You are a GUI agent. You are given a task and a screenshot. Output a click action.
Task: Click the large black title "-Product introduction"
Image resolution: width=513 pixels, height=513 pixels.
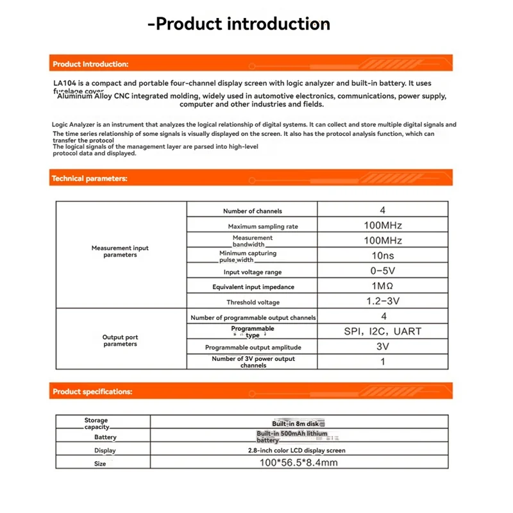coord(239,24)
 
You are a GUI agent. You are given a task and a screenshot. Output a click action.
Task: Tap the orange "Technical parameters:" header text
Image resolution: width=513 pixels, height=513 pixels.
coord(89,178)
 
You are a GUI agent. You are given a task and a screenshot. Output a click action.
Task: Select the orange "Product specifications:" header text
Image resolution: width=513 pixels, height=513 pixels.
coord(92,391)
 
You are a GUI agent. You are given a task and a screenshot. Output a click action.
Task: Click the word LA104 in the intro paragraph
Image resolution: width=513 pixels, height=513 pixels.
coord(66,83)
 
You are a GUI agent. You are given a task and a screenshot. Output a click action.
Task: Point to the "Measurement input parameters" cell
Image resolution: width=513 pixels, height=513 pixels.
coord(120,251)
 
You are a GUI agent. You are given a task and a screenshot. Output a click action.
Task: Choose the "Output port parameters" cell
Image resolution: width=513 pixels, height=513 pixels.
coord(120,341)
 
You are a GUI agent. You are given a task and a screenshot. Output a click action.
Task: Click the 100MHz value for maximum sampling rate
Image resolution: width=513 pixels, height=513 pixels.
coord(383,225)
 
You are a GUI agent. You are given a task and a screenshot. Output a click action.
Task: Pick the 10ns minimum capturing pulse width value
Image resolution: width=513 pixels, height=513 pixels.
coord(383,256)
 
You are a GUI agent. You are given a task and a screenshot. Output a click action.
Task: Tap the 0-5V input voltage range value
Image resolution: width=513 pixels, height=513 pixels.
coord(383,271)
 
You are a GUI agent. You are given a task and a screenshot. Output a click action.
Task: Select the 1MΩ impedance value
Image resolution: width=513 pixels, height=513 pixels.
coord(383,287)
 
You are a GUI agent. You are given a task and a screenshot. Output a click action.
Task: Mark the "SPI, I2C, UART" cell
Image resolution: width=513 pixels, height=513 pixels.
coord(383,332)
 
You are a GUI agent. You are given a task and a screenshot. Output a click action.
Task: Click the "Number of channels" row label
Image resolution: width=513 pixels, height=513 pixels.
coord(252,211)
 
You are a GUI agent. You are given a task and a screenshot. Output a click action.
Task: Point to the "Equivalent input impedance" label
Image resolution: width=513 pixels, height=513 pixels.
coord(253,287)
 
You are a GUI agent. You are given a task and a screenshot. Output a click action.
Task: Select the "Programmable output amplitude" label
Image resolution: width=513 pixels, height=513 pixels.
coord(253,348)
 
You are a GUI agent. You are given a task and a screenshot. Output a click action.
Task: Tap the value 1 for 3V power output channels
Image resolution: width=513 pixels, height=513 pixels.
coord(383,362)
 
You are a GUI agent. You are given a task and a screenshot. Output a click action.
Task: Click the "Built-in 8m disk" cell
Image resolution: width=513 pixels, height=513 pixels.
coord(299,424)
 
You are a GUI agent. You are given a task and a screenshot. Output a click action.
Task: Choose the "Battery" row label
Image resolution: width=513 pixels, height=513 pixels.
coord(105,437)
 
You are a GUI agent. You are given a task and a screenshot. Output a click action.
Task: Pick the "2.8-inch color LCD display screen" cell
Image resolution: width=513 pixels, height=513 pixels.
coord(299,450)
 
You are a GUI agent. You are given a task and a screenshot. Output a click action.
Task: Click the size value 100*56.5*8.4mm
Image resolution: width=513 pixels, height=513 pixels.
coord(299,462)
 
